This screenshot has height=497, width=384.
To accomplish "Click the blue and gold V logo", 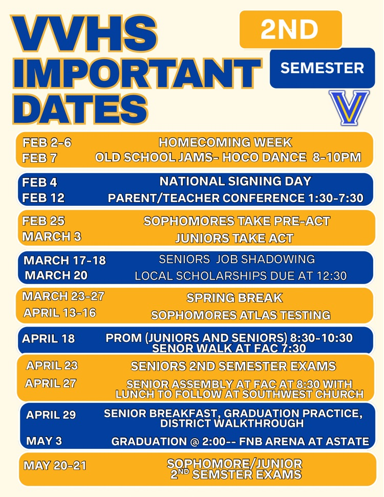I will tap(349, 108).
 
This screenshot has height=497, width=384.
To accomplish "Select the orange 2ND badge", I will tap(290, 30).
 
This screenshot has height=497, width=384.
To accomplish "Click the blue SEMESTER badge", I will tap(322, 68).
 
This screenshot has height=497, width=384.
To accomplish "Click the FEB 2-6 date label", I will tap(47, 143).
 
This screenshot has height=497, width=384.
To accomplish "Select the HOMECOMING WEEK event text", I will tap(225, 143).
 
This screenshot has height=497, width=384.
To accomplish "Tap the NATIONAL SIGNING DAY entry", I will tap(236, 181).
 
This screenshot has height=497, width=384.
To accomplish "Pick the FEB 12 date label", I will tap(44, 198).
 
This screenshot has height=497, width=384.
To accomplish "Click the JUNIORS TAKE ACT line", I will tap(234, 238).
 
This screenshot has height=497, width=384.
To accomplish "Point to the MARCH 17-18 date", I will tap(65, 261).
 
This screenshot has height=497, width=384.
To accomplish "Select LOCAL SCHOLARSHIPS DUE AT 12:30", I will tap(241, 276).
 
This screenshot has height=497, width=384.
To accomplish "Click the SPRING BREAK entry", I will tap(234, 298).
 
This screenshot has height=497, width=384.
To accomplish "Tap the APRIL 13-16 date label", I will tap(59, 313).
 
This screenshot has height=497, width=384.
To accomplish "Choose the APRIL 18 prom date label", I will tap(48, 339).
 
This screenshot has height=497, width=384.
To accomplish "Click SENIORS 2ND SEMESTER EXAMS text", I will tap(233, 366).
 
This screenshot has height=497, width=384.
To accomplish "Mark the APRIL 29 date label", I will tap(51, 415).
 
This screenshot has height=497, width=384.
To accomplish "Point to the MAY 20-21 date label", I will tap(55, 466).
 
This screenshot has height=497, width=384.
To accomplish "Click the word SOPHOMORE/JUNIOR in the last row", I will tap(234, 464).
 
